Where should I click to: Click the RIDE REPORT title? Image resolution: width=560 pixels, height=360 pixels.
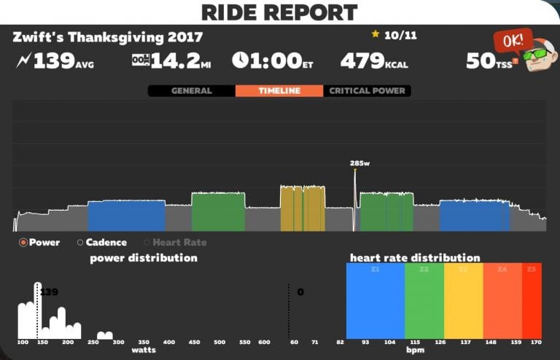tap(280, 12)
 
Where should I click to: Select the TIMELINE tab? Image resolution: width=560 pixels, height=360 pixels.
tap(279, 91)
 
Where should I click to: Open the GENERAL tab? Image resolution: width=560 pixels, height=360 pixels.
tap(191, 91)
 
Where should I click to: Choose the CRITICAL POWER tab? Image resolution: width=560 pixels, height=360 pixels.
tap(366, 91)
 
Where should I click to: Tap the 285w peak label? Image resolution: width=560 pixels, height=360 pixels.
tap(357, 163)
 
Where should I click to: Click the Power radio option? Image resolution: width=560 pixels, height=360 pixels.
tap(23, 243)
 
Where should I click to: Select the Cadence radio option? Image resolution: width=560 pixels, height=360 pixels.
tap(80, 243)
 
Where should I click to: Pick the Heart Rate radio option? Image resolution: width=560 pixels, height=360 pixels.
tap(147, 243)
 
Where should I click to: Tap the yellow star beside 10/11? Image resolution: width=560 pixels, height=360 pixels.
tap(376, 34)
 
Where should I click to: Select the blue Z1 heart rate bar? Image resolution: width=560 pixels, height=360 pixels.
tap(375, 300)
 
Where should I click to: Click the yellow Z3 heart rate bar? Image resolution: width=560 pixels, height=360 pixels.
tap(463, 300)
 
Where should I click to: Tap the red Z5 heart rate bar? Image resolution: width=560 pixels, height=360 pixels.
tap(532, 300)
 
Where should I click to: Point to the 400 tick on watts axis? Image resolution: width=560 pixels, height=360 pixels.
tap(169, 342)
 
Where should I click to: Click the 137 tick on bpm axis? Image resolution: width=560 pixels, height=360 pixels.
tap(464, 342)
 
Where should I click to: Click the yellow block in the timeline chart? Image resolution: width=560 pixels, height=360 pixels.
tap(303, 208)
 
